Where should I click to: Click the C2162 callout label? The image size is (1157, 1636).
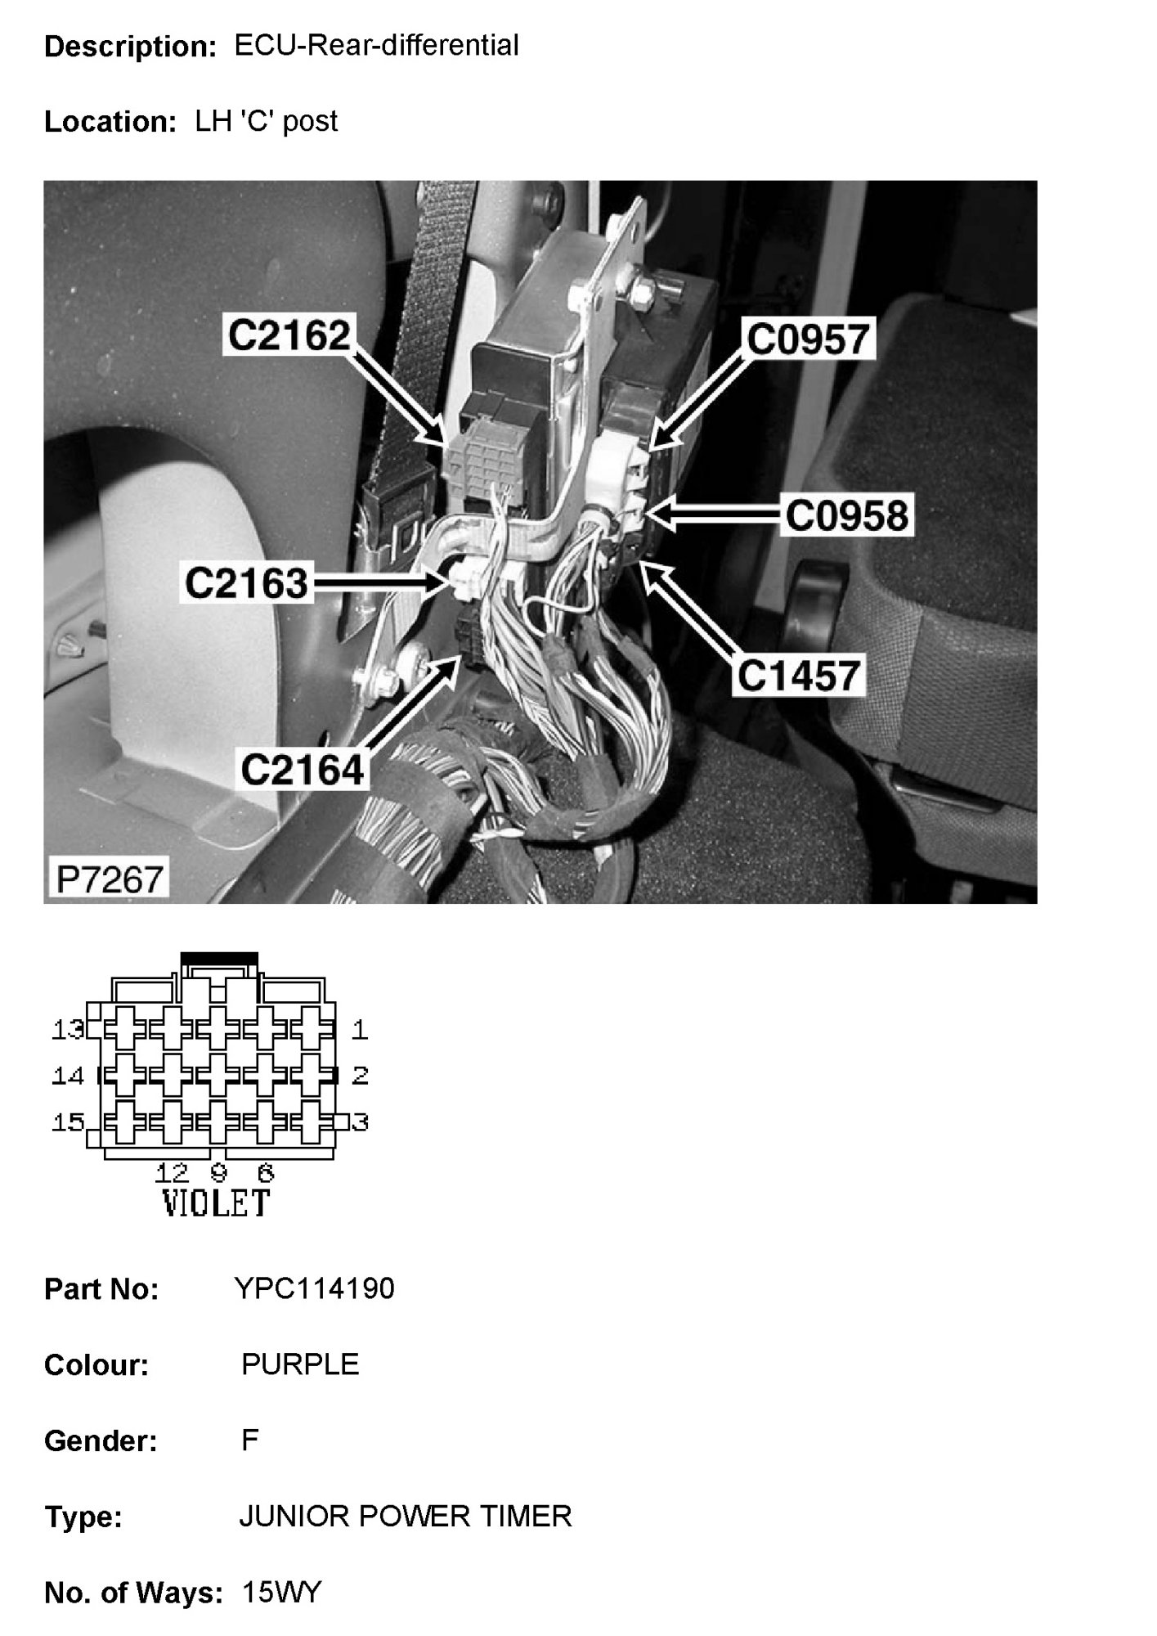coord(289,335)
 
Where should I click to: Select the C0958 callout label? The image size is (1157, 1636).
coord(846,516)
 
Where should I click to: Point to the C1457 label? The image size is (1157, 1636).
coord(799,676)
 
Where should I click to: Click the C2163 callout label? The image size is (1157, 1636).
coord(246,583)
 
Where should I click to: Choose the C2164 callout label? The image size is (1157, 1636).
coord(302,770)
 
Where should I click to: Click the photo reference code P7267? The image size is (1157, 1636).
coord(108,879)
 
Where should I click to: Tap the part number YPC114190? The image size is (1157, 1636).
coord(314,1288)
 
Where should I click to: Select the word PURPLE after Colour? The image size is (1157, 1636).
coord(300,1364)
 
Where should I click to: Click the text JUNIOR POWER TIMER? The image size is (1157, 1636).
coord(405,1517)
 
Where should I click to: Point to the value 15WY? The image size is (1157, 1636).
coord(282,1593)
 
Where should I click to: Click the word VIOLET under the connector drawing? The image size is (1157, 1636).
coord(216,1203)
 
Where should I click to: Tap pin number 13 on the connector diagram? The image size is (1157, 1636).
coord(67,1030)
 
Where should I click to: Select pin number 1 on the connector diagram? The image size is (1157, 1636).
coord(360,1030)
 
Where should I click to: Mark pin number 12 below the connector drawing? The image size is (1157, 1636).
coord(172,1174)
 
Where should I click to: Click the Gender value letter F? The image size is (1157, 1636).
coord(249,1440)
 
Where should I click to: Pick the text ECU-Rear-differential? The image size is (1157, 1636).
coord(376,46)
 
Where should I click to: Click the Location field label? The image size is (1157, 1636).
coord(110,122)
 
